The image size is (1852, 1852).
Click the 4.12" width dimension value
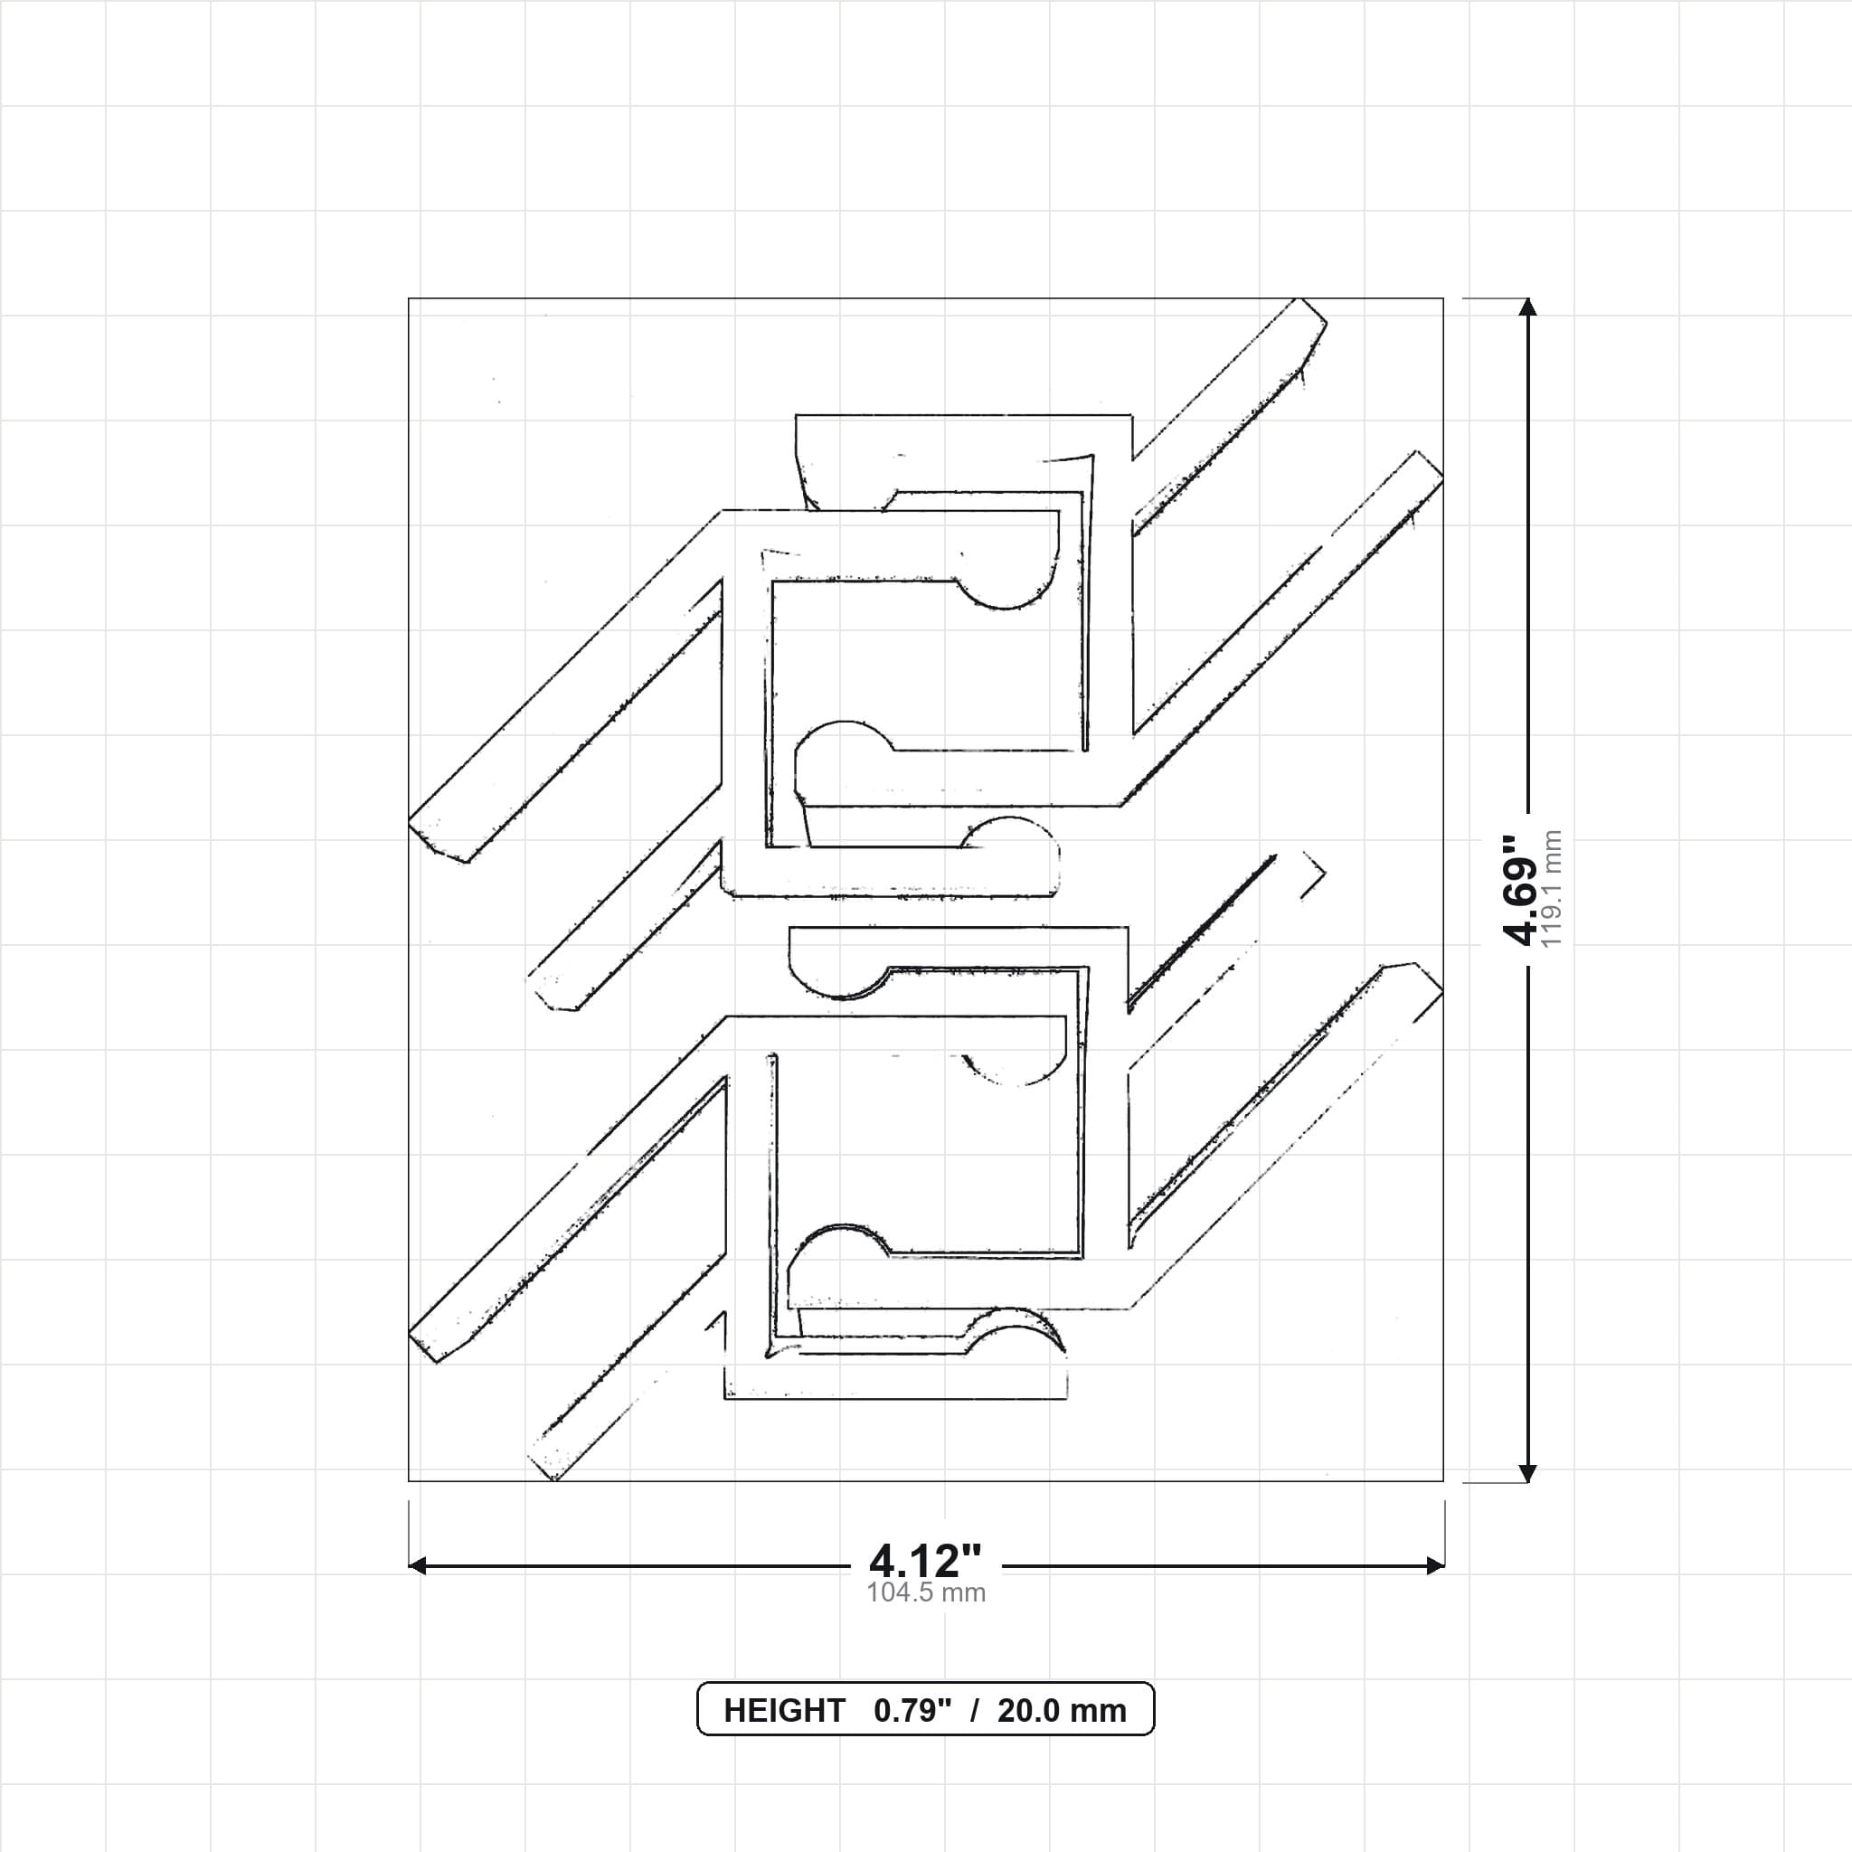click(x=925, y=1562)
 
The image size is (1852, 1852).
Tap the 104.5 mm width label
click(x=926, y=1593)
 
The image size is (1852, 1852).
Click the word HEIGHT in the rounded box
click(x=784, y=1710)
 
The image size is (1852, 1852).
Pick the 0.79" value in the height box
click(x=912, y=1710)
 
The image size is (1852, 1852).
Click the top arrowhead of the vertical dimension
click(x=1528, y=307)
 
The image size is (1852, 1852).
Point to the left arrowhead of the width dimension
click(x=418, y=1566)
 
